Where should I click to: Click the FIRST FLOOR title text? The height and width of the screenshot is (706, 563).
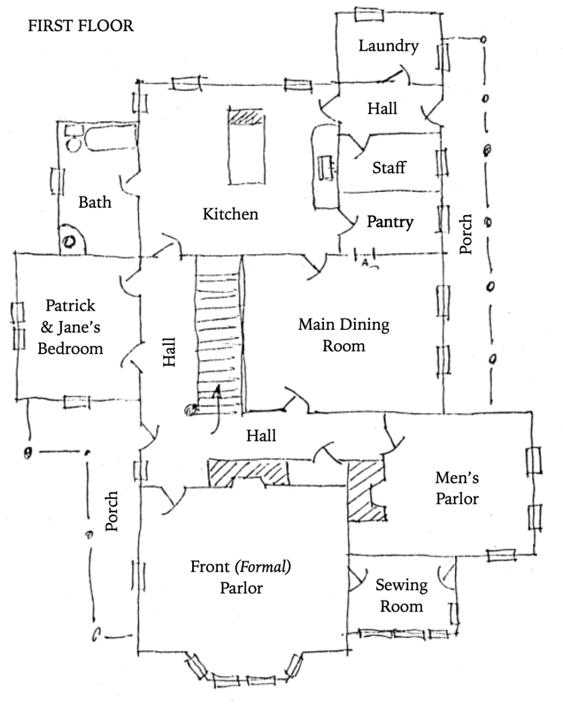[80, 26]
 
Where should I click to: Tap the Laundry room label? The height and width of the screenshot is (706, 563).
[388, 46]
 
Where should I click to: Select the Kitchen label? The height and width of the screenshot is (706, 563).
[230, 214]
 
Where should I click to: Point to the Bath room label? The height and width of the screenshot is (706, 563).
[95, 203]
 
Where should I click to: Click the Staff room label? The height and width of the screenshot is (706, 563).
[388, 168]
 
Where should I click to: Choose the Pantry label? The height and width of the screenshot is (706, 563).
[390, 222]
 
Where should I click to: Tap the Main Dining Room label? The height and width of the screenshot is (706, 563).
[344, 334]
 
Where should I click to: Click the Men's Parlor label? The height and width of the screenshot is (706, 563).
[457, 488]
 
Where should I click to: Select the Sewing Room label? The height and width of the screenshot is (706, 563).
[402, 595]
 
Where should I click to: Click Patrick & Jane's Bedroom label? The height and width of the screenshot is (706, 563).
[71, 327]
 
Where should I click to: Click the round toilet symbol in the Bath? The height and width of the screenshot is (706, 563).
[70, 242]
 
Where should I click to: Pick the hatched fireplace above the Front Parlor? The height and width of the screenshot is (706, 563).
[248, 472]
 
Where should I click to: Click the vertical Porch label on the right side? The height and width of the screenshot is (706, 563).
[466, 234]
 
